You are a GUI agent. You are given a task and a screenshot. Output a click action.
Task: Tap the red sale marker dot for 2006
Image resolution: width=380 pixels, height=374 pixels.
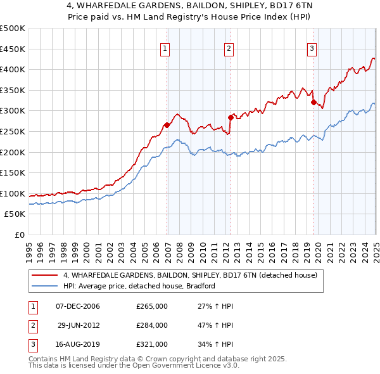tap(167, 125)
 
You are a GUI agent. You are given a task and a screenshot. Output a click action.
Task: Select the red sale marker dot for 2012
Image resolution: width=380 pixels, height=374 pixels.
tap(231, 117)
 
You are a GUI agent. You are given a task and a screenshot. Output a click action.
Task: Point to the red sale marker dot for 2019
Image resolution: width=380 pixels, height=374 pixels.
tap(313, 101)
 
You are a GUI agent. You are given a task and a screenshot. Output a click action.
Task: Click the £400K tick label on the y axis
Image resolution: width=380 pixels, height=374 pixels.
tap(13, 69)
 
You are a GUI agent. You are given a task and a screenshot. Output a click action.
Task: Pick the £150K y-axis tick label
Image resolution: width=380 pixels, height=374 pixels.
tap(13, 172)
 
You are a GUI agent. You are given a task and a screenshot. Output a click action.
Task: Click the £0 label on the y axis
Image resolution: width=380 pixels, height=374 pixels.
tap(20, 235)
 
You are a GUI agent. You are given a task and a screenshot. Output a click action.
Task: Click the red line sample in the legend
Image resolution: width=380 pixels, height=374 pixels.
tap(45, 275)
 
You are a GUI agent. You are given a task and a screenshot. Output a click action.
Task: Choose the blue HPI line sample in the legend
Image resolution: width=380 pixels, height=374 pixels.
tap(45, 286)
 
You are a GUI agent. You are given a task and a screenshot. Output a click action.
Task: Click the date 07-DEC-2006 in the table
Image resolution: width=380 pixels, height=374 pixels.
tap(78, 306)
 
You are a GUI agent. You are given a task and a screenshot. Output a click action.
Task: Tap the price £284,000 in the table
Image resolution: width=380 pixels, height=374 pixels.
tap(152, 325)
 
